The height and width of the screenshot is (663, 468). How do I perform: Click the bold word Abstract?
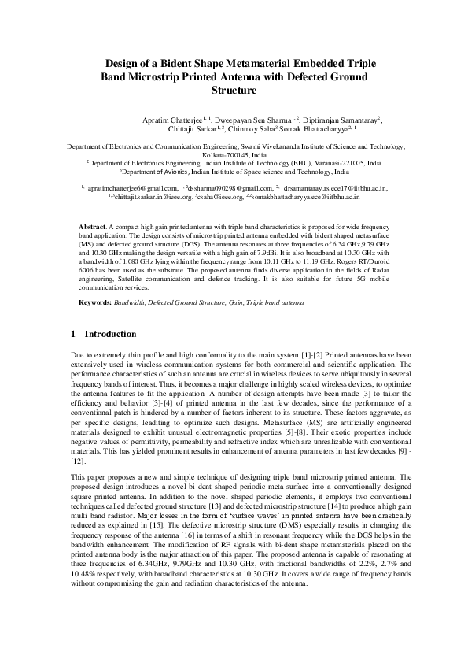(94, 227)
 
